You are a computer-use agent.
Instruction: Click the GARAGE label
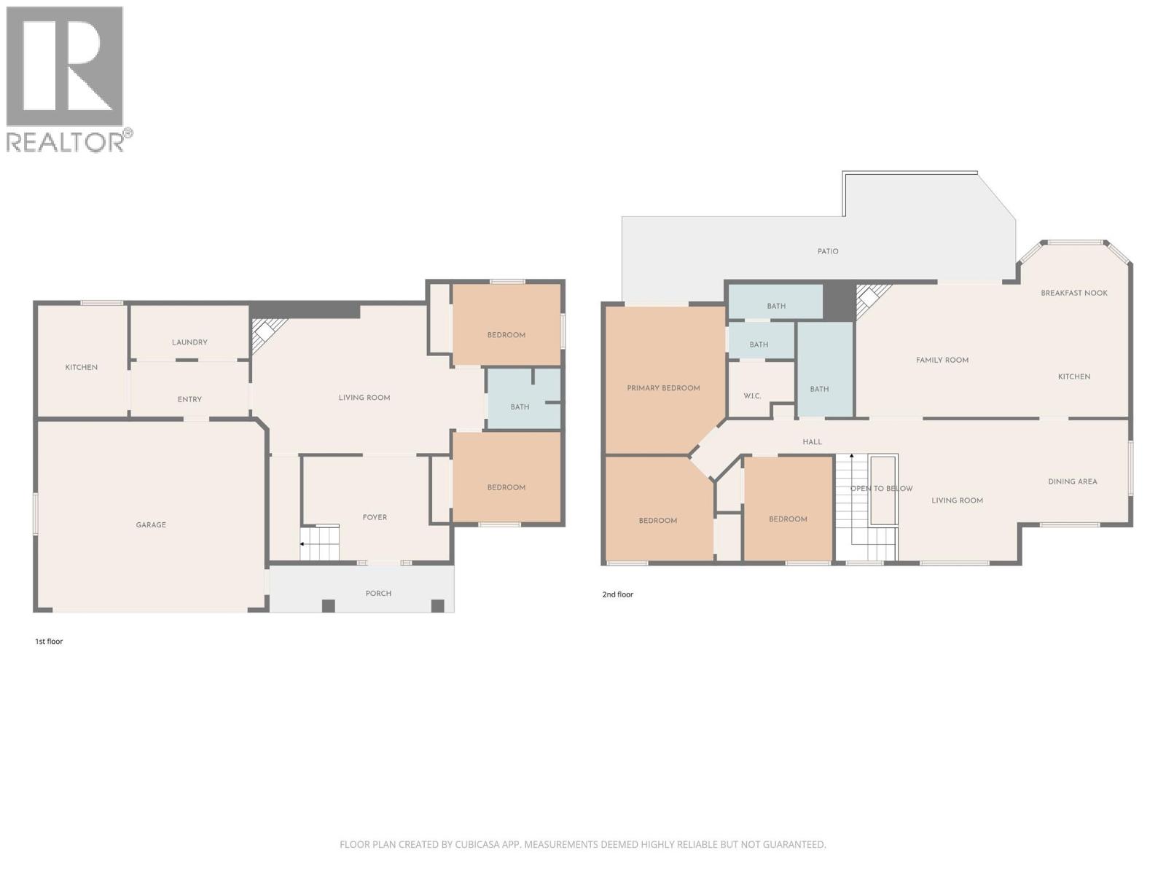tap(151, 524)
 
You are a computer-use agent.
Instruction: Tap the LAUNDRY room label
tap(189, 342)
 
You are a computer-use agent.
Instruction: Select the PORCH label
tap(378, 593)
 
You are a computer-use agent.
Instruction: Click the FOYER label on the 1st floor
tap(375, 517)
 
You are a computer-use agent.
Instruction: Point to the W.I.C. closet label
tap(752, 396)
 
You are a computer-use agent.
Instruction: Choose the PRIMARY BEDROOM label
tap(663, 388)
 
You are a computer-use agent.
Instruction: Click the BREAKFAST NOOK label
tap(1073, 293)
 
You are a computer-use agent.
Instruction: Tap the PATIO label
tap(828, 251)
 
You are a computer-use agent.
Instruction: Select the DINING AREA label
tap(1072, 481)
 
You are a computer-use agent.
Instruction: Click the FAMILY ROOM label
tap(942, 360)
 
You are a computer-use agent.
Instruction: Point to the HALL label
tap(812, 442)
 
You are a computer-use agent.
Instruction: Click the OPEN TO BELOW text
tap(881, 488)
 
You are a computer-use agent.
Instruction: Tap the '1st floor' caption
tap(49, 642)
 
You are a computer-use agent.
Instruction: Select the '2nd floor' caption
tap(617, 594)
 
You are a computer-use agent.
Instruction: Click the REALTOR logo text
tap(66, 141)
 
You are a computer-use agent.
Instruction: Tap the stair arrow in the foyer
tap(302, 544)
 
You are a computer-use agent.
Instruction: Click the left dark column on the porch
tap(328, 605)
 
